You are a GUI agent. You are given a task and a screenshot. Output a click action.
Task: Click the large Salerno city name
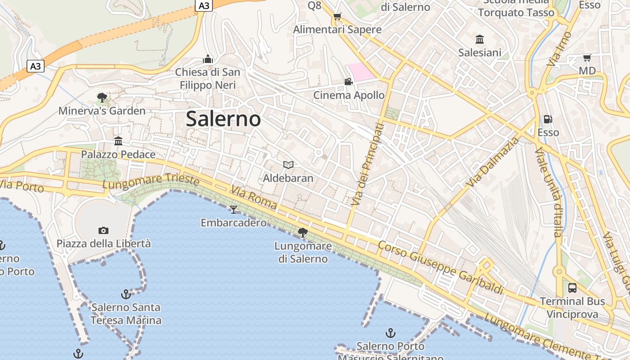click(x=223, y=119)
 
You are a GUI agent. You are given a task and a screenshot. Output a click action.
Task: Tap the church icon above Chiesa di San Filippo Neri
click(x=207, y=59)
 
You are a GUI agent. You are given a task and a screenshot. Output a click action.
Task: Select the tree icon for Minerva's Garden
click(x=102, y=97)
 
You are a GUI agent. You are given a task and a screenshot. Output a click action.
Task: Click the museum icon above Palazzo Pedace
click(x=118, y=141)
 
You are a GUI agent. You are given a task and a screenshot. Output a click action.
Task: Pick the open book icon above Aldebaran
click(x=288, y=165)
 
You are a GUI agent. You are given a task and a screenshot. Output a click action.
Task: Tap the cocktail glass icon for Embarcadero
click(x=234, y=209)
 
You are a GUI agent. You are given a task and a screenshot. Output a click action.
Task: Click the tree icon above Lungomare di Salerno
click(x=303, y=233)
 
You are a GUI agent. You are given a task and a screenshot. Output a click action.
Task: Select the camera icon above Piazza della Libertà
click(x=103, y=231)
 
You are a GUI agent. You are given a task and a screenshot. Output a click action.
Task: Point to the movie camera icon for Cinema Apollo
click(x=348, y=82)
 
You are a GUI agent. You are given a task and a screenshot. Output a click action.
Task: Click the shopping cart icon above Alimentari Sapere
click(x=337, y=17)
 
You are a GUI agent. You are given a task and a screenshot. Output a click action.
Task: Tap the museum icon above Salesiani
click(x=480, y=40)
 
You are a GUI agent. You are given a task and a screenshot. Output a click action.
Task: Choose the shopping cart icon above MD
click(x=587, y=58)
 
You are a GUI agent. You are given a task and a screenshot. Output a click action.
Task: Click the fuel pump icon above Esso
click(x=548, y=119)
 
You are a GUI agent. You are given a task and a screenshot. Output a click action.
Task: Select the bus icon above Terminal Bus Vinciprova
click(x=572, y=288)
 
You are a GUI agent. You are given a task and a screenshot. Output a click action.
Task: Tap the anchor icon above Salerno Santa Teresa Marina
click(x=126, y=294)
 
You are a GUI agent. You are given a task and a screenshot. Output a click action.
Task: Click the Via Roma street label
click(x=254, y=198)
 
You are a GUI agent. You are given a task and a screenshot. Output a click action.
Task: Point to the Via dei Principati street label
click(x=368, y=165)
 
